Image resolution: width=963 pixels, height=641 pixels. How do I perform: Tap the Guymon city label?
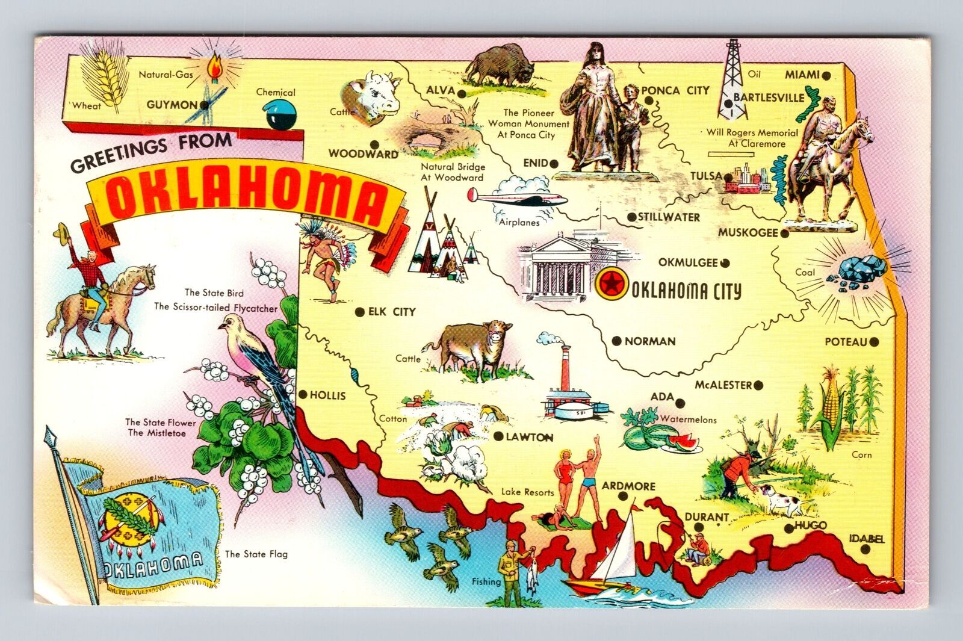point(172,105)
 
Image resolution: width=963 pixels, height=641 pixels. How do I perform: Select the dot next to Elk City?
point(359,312)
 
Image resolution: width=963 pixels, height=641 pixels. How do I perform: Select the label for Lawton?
point(529,438)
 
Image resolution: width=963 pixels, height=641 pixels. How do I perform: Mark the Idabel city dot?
point(865,550)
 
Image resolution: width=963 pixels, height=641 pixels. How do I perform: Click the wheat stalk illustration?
point(107,81)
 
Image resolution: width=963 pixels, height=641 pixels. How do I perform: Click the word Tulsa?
point(705,176)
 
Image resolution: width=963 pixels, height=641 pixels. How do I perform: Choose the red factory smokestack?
point(565,367)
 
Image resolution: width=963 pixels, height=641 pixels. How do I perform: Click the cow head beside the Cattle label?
point(371,96)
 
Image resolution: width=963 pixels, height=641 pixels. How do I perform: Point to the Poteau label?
point(846,342)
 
